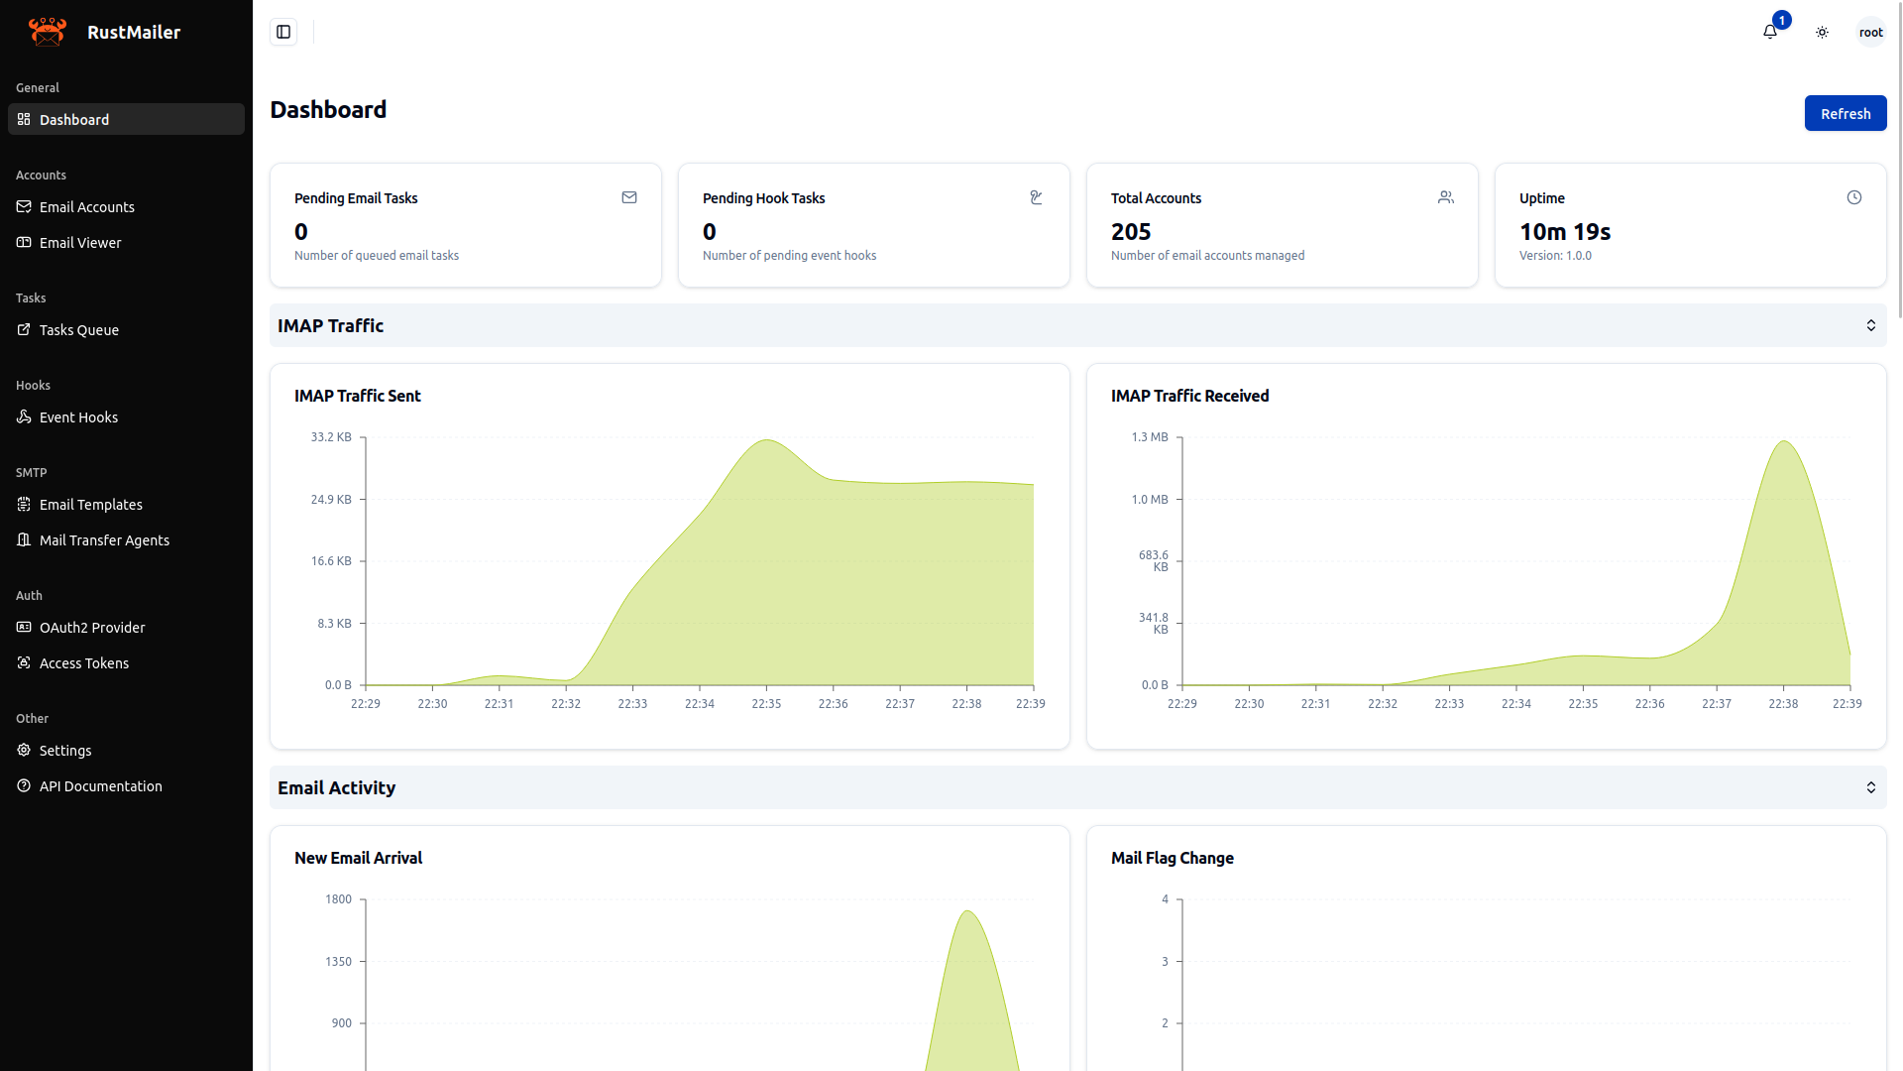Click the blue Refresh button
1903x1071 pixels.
pyautogui.click(x=1845, y=114)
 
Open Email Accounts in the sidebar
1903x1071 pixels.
pyautogui.click(x=87, y=207)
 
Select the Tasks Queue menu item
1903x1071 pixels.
pyautogui.click(x=79, y=330)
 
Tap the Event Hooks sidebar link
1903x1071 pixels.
pyautogui.click(x=78, y=417)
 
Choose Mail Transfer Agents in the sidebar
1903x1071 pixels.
pyautogui.click(x=104, y=540)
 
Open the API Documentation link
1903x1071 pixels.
pyautogui.click(x=100, y=786)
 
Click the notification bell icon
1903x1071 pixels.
pyautogui.click(x=1770, y=33)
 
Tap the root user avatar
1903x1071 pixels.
pyautogui.click(x=1870, y=33)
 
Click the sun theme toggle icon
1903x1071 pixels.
pyautogui.click(x=1822, y=33)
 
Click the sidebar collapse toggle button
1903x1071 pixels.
pyautogui.click(x=283, y=33)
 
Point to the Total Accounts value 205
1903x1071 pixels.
pyautogui.click(x=1131, y=232)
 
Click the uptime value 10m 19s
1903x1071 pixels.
pyautogui.click(x=1565, y=232)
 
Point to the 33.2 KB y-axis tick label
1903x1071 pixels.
pyautogui.click(x=331, y=437)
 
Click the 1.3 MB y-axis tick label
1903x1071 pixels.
pyautogui.click(x=1150, y=437)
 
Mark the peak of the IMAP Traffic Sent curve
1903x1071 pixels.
pyautogui.click(x=766, y=440)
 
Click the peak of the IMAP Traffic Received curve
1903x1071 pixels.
pyautogui.click(x=1784, y=441)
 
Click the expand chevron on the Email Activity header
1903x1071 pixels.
pyautogui.click(x=1870, y=787)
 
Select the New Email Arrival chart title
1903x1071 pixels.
pyautogui.click(x=358, y=858)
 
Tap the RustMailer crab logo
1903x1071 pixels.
pyautogui.click(x=48, y=32)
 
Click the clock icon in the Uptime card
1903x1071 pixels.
pyautogui.click(x=1854, y=198)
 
